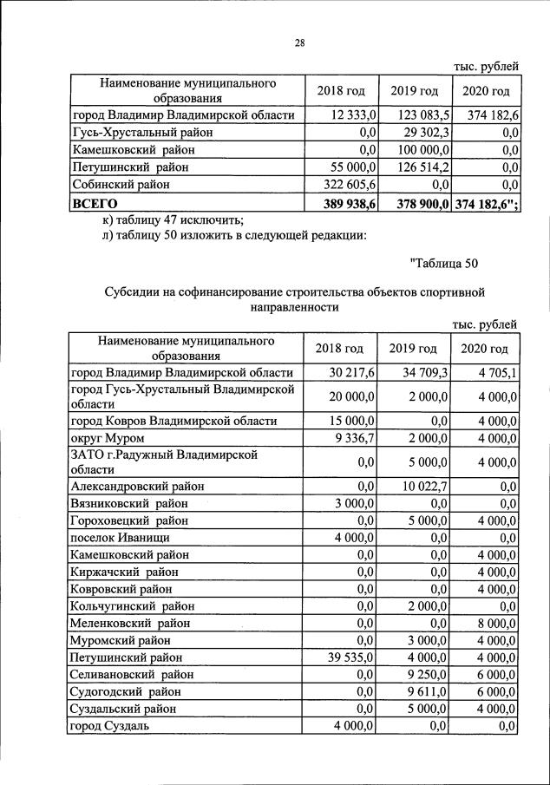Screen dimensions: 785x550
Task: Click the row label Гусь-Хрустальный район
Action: (142, 133)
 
